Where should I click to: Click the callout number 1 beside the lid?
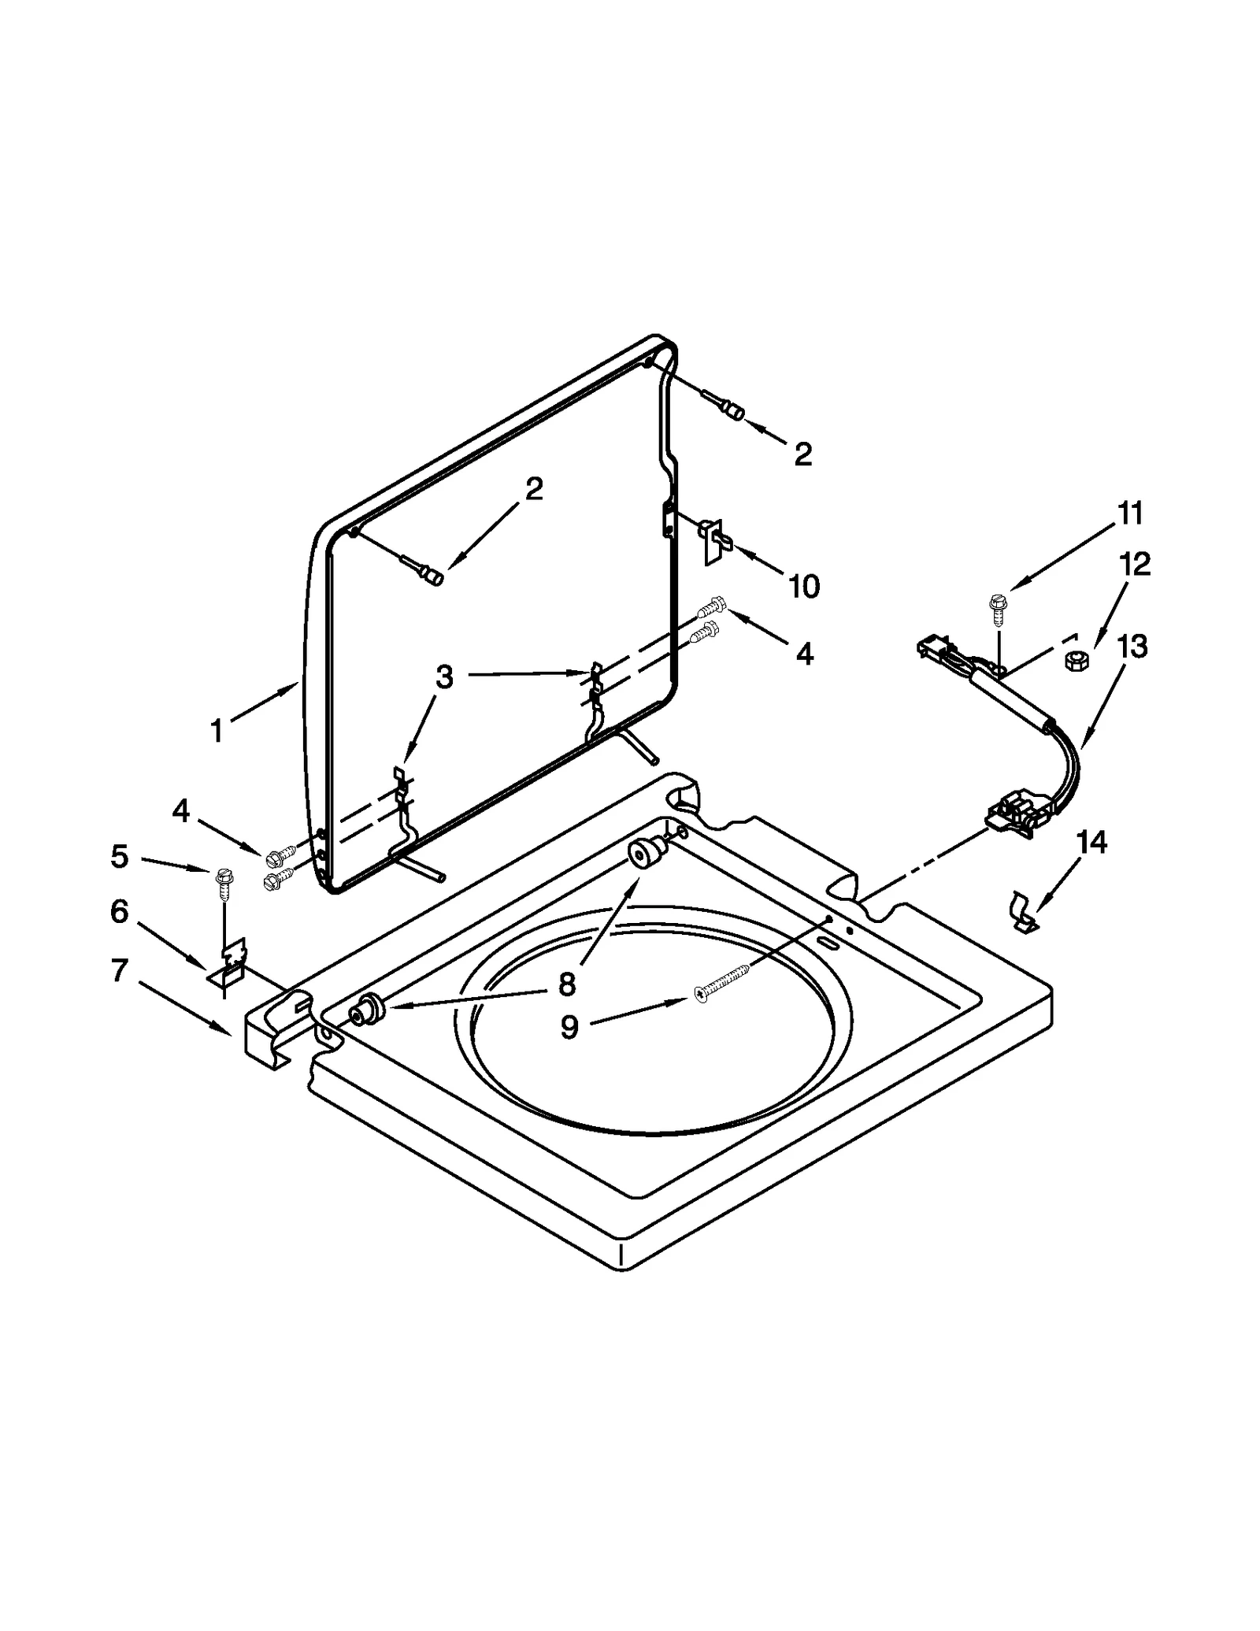coord(217,731)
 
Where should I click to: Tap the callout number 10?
coord(804,586)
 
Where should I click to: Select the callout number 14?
coord(1091,842)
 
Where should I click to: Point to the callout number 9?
coord(569,1026)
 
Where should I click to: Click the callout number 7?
coord(119,970)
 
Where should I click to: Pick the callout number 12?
coord(1135,564)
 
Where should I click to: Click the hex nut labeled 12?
coord(1073,660)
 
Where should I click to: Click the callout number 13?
coord(1132,647)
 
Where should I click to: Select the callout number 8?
coord(568,984)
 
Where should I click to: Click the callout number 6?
coord(119,911)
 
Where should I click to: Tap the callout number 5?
coord(119,856)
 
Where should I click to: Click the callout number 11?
coord(1130,513)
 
